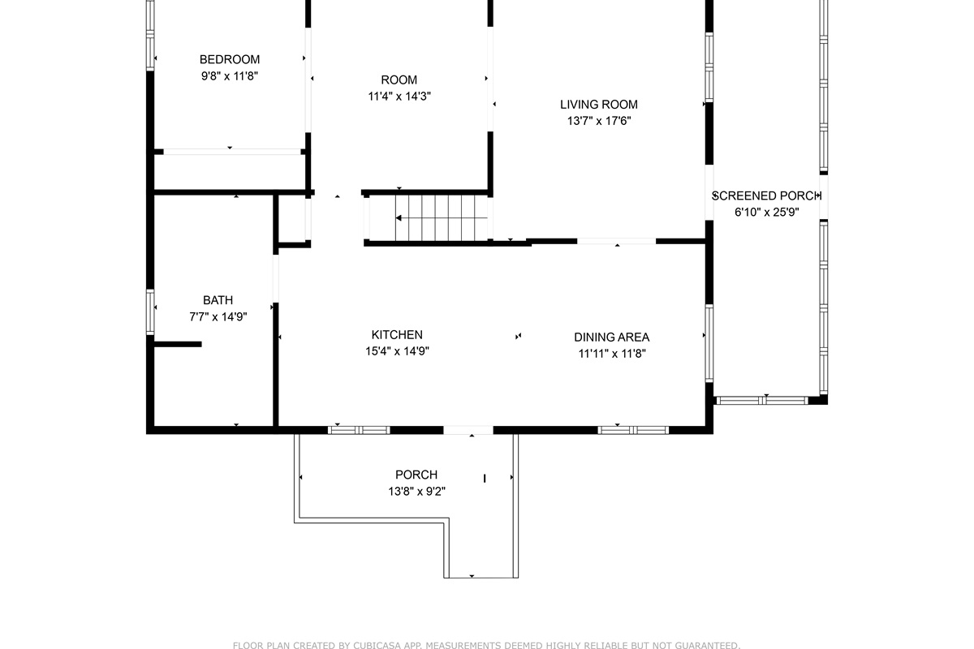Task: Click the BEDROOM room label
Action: point(230,59)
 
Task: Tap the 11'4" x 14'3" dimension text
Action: point(399,96)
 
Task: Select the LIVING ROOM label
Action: point(599,105)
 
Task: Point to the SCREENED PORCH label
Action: point(766,196)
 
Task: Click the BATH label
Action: point(218,300)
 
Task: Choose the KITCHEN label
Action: point(397,335)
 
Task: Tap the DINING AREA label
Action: point(611,337)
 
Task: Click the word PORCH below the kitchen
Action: point(416,475)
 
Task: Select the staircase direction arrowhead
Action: point(399,217)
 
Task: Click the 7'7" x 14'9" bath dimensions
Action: point(218,317)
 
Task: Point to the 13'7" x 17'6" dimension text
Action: point(599,121)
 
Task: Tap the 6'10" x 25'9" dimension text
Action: point(766,212)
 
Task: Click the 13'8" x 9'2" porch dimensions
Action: point(416,492)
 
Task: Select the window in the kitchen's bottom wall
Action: point(359,430)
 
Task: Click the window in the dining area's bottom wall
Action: point(633,430)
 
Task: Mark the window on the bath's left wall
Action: point(150,312)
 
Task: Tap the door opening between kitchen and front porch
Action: point(468,430)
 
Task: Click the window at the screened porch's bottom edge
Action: point(762,401)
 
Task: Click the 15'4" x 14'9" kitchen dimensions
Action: point(397,351)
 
